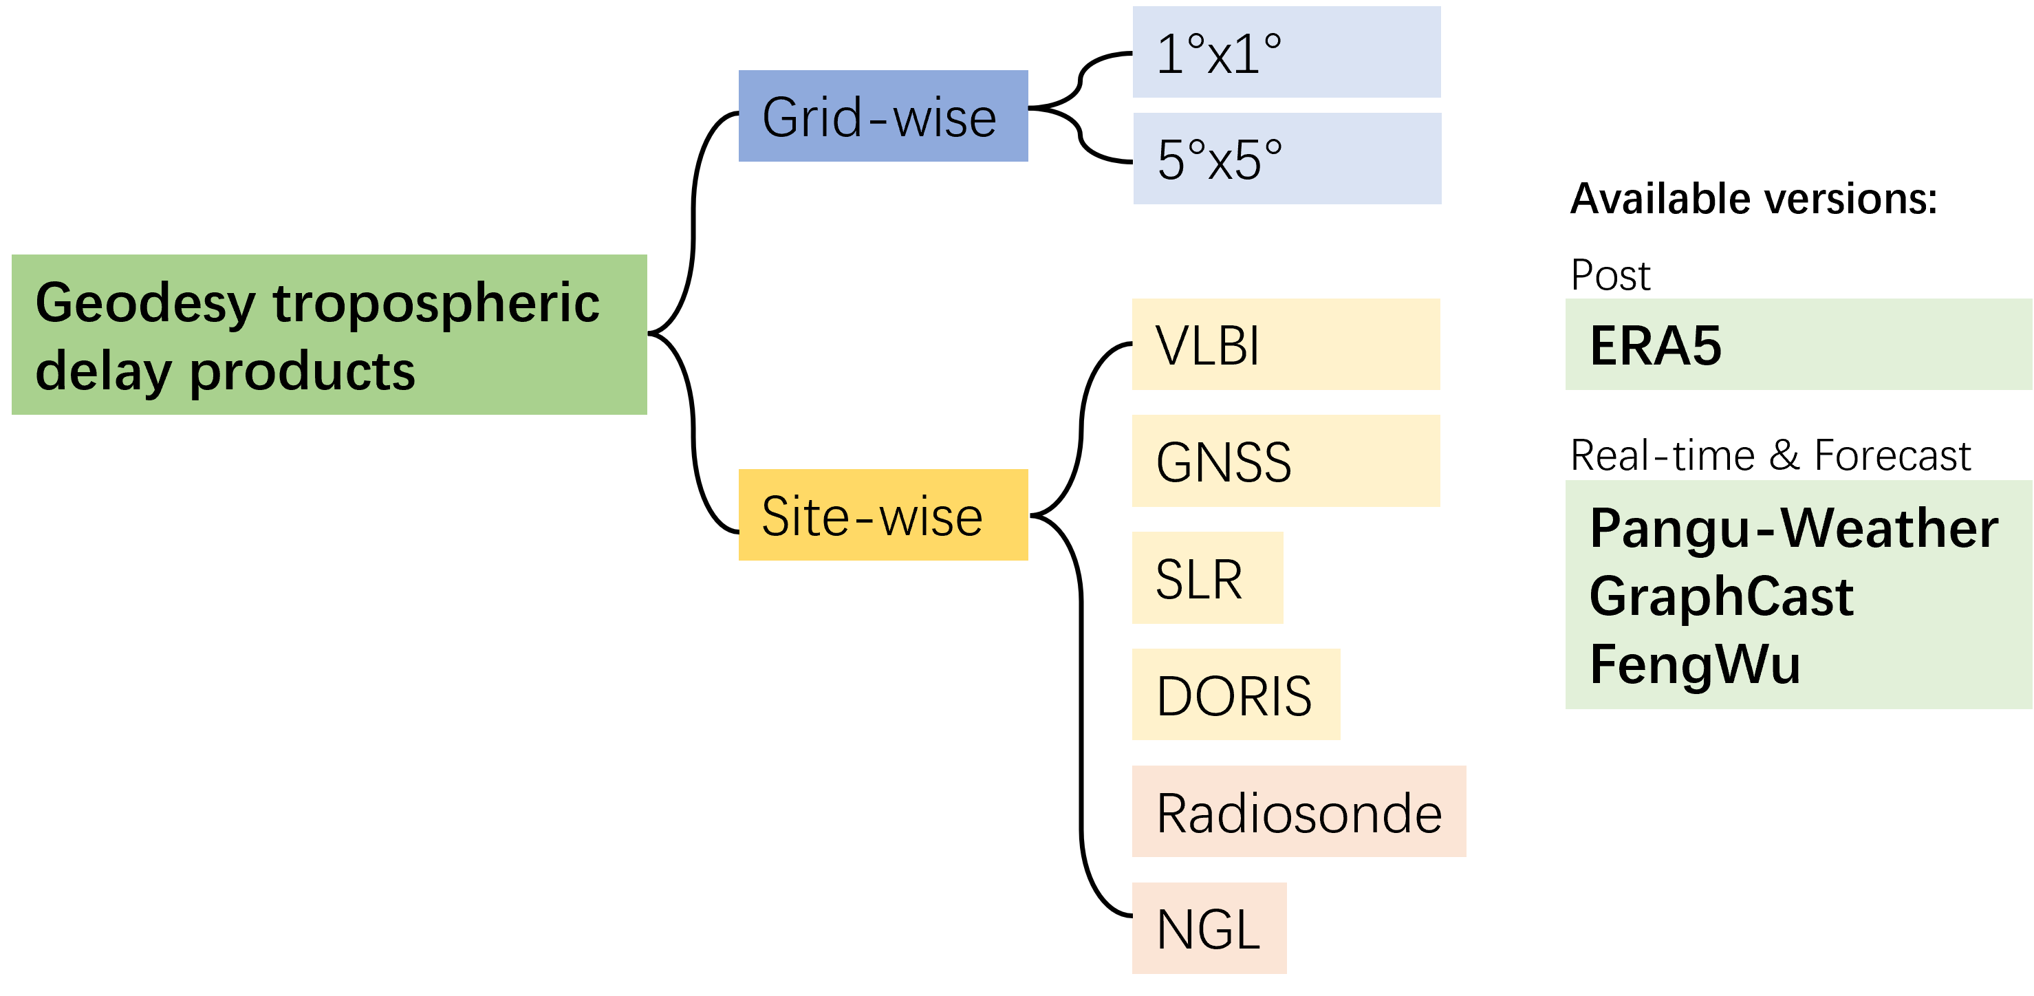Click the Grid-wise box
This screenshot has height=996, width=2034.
pos(883,116)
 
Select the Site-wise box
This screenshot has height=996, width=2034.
pos(883,515)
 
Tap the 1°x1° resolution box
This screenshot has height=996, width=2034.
pos(1286,52)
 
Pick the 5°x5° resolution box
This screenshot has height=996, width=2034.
pos(1287,159)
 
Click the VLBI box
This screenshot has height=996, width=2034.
pos(1286,345)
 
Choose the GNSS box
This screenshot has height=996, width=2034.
pos(1286,462)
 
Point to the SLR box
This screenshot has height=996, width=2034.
pos(1207,578)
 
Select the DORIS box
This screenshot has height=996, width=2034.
pos(1235,695)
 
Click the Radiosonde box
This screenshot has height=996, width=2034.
pos(1299,812)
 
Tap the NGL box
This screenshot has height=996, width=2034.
pos(1209,929)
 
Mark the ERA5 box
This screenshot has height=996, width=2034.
pos(1798,345)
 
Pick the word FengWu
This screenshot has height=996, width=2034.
pos(1694,664)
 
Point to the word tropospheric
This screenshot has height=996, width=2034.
pos(436,303)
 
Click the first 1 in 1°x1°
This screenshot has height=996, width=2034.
pos(1170,54)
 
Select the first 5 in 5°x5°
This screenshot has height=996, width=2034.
pos(1171,160)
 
